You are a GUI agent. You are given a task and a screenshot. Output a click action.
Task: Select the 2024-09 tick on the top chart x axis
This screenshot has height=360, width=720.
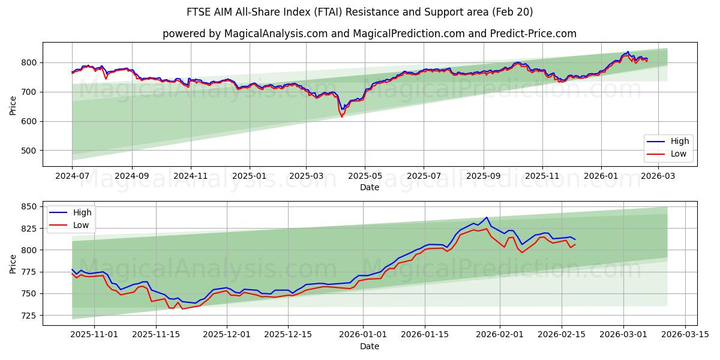(x=131, y=176)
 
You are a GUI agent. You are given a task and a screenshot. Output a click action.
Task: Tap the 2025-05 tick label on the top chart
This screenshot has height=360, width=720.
(x=365, y=176)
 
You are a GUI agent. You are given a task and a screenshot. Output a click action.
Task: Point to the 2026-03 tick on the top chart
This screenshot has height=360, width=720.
(x=659, y=176)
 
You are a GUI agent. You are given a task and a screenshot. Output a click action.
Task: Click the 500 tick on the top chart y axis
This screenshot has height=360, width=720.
(x=29, y=151)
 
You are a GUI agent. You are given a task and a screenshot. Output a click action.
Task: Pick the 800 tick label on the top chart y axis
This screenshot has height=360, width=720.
(x=29, y=62)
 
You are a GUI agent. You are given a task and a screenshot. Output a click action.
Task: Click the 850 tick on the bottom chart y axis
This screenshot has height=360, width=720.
(x=29, y=207)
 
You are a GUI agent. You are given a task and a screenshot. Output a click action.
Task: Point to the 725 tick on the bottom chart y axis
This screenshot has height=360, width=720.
(x=29, y=315)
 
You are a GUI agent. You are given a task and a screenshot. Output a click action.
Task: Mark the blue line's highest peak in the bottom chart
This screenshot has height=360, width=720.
(x=487, y=218)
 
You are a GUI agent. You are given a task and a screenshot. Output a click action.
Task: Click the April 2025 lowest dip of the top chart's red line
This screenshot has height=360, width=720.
(x=342, y=116)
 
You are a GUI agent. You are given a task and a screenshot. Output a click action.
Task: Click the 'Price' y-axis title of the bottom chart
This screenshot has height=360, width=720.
(x=13, y=263)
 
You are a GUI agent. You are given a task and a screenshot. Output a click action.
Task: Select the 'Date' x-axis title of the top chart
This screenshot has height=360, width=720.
(x=369, y=187)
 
